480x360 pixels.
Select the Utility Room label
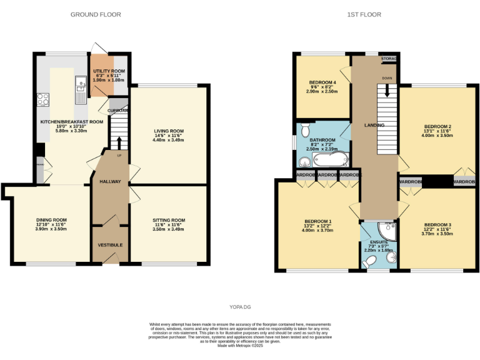coord(109,72)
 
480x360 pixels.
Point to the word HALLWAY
coord(109,181)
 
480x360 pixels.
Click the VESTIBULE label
coord(109,244)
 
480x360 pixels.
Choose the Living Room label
coord(169,131)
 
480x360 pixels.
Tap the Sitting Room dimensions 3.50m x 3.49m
coord(169,229)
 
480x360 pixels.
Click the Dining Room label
coord(51,220)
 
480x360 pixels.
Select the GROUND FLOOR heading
coord(96,14)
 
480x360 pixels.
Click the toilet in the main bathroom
coord(304,131)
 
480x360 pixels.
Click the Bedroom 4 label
coord(322,82)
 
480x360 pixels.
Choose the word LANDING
coord(374,125)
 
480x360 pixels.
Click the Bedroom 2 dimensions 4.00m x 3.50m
coord(437,134)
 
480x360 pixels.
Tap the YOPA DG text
coord(239,307)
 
